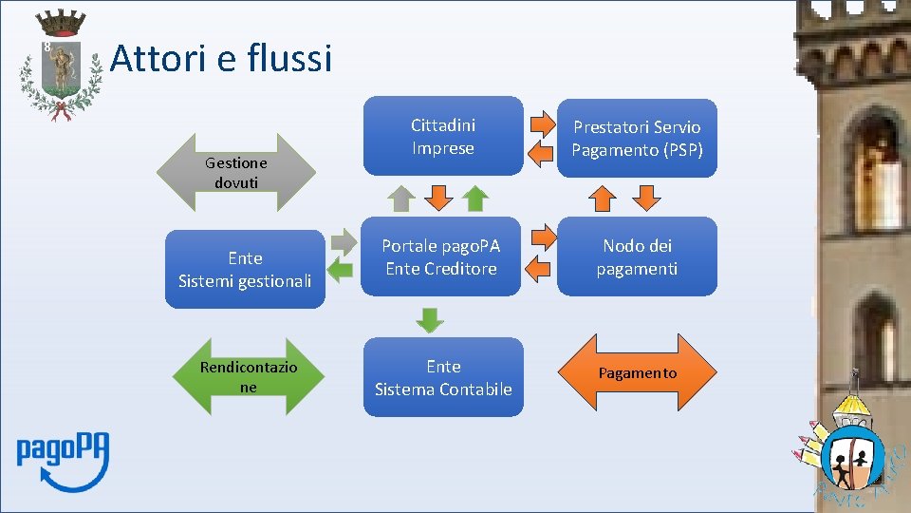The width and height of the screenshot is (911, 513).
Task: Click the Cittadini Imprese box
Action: click(442, 137)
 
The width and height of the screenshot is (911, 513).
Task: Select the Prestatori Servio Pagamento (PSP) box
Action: click(637, 139)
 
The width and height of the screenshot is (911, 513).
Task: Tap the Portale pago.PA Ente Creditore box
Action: click(441, 257)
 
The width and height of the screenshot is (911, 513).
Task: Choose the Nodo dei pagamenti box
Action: click(637, 257)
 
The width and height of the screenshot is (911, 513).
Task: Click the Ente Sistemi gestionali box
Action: click(245, 269)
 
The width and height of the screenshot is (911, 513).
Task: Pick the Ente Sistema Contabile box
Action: click(442, 377)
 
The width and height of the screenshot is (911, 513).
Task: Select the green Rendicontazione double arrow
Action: click(249, 377)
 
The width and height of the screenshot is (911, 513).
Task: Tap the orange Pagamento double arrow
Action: click(637, 373)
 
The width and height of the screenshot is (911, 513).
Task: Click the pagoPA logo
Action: click(63, 461)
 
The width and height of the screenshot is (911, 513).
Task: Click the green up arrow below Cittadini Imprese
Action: click(475, 198)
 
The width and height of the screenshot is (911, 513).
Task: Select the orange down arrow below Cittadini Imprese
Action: click(438, 198)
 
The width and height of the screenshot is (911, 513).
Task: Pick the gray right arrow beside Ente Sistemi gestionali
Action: click(340, 243)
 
